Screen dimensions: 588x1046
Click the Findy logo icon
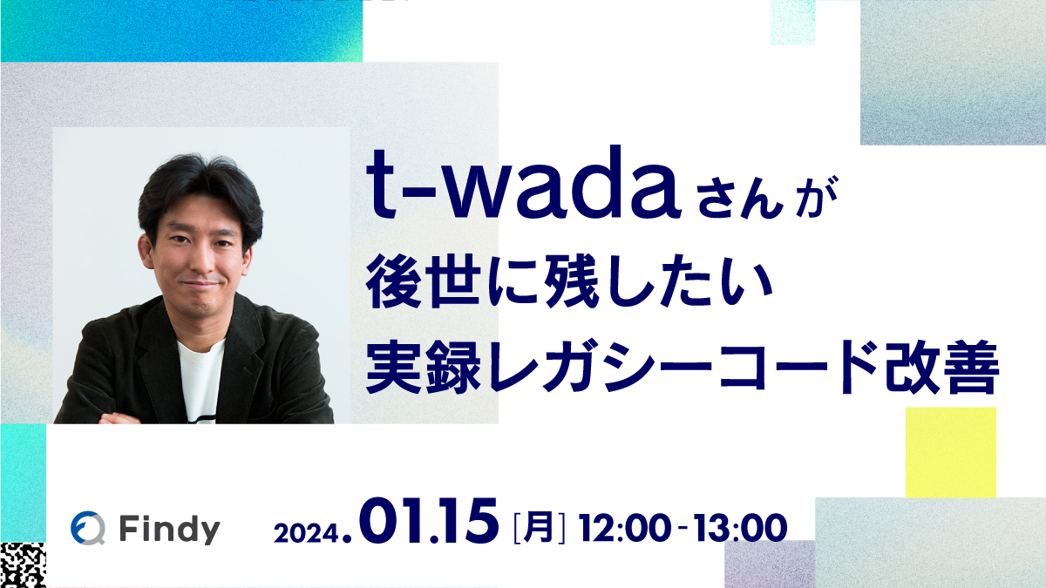pyautogui.click(x=88, y=529)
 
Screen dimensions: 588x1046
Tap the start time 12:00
pyautogui.click(x=625, y=528)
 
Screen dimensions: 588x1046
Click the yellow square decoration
pyautogui.click(x=950, y=452)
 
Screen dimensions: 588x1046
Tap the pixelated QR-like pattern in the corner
pyautogui.click(x=22, y=564)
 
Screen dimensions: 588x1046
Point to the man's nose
pyautogui.click(x=202, y=257)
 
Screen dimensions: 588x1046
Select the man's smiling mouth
pyautogui.click(x=203, y=284)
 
